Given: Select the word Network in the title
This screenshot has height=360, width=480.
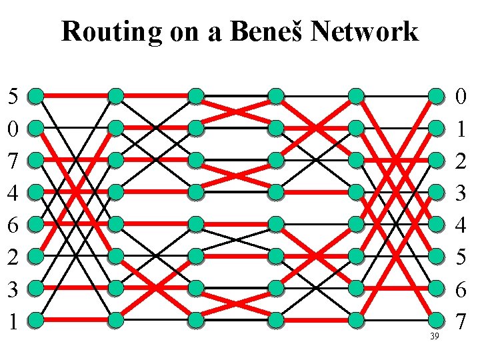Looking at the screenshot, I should [365, 31].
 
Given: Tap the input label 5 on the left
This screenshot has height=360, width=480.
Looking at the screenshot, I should [13, 97].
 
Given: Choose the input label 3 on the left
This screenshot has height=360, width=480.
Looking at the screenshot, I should [13, 289].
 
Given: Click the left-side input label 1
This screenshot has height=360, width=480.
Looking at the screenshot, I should [13, 321].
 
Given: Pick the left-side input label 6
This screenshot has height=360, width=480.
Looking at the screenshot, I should [13, 225].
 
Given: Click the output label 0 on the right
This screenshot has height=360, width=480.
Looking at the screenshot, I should [461, 97].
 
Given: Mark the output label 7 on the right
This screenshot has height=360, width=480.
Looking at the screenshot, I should [461, 321].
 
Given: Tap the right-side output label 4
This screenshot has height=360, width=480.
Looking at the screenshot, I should [461, 225].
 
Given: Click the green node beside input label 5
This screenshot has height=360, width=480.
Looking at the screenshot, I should [36, 96].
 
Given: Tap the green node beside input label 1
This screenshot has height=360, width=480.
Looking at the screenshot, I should [36, 321].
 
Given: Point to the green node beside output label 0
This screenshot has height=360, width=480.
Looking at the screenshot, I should [436, 96].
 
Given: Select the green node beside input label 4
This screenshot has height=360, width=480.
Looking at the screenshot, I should [36, 193].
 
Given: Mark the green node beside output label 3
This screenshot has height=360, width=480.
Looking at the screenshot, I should [436, 193].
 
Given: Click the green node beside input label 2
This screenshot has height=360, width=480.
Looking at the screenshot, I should [36, 257].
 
